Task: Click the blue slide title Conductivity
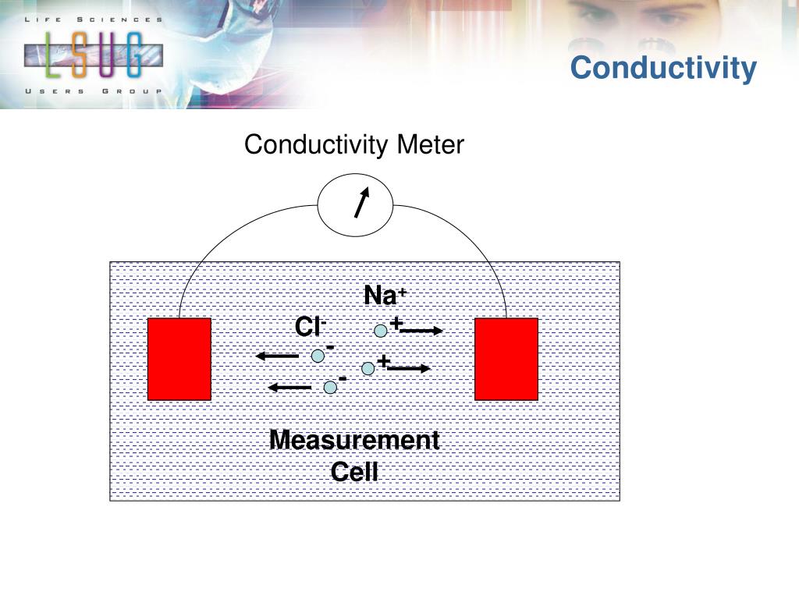pos(663,68)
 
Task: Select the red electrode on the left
pos(179,359)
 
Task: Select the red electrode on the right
pos(506,359)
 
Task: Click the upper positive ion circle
pos(381,331)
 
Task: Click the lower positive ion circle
pos(368,368)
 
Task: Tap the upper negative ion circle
pos(318,356)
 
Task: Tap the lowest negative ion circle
pos(331,387)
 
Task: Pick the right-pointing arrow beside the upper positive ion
pos(421,331)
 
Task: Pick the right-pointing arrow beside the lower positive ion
pos(408,368)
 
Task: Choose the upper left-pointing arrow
pos(278,356)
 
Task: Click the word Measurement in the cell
pos(354,441)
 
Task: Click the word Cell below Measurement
pos(354,471)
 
